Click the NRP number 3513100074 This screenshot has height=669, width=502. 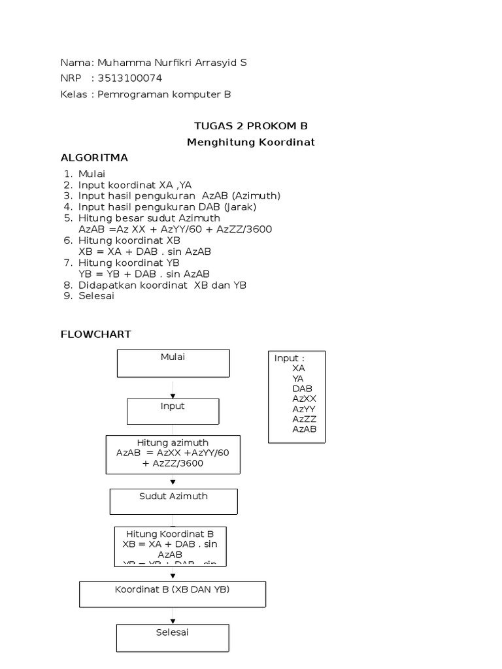pyautogui.click(x=129, y=78)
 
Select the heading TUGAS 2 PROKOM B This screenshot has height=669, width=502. pyautogui.click(x=251, y=125)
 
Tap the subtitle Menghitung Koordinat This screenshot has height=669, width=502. pyautogui.click(x=251, y=142)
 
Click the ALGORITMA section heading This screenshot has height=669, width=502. pyautogui.click(x=94, y=158)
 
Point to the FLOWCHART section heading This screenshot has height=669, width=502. pyautogui.click(x=96, y=334)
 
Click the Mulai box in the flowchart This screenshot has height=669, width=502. pyautogui.click(x=173, y=363)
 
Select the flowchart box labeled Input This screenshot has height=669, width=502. pyautogui.click(x=173, y=412)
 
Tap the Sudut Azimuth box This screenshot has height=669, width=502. pyautogui.click(x=173, y=502)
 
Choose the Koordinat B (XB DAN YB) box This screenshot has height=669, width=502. pyautogui.click(x=173, y=594)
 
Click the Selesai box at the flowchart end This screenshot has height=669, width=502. pyautogui.click(x=173, y=638)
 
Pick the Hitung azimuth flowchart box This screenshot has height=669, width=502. pyautogui.click(x=173, y=454)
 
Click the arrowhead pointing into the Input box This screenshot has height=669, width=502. pyautogui.click(x=173, y=396)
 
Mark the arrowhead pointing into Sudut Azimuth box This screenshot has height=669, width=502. pyautogui.click(x=173, y=483)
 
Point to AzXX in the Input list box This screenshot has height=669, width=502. pyautogui.click(x=305, y=399)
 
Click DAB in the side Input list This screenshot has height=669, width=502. pyautogui.click(x=303, y=389)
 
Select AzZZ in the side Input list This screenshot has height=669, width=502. pyautogui.click(x=305, y=419)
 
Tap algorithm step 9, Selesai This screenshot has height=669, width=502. pyautogui.click(x=96, y=296)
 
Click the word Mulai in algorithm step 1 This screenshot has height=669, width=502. pyautogui.click(x=92, y=174)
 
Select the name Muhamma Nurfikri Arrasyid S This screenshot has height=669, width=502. pyautogui.click(x=172, y=63)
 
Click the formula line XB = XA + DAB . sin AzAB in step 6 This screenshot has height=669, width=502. pyautogui.click(x=144, y=252)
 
